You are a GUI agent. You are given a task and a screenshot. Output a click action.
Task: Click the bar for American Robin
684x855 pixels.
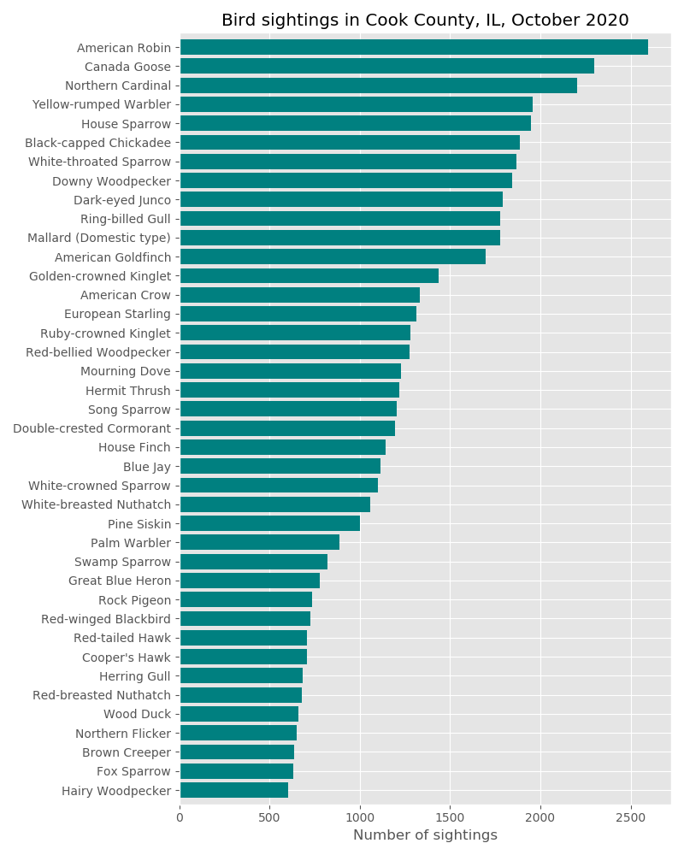click(414, 47)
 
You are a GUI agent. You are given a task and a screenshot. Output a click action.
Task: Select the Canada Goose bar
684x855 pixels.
click(386, 66)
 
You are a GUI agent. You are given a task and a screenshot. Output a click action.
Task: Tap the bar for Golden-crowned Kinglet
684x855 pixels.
click(309, 275)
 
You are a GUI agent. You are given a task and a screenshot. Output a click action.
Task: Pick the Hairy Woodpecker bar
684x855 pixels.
click(233, 790)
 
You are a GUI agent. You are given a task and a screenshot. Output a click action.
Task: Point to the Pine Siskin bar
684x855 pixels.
click(269, 523)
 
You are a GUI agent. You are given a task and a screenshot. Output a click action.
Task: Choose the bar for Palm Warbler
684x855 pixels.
click(259, 542)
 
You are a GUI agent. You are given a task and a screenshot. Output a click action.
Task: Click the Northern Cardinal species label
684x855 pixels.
click(118, 85)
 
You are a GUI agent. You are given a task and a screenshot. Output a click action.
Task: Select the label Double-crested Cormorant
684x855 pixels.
click(92, 428)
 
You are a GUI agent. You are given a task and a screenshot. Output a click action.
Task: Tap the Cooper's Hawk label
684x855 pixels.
click(127, 657)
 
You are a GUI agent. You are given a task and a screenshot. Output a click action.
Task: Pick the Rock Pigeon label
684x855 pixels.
click(135, 600)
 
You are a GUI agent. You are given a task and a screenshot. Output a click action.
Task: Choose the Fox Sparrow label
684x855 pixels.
click(134, 772)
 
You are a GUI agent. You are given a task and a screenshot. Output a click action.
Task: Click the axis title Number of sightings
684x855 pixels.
click(425, 835)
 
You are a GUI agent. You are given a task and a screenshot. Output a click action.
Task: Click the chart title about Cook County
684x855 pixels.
click(425, 21)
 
